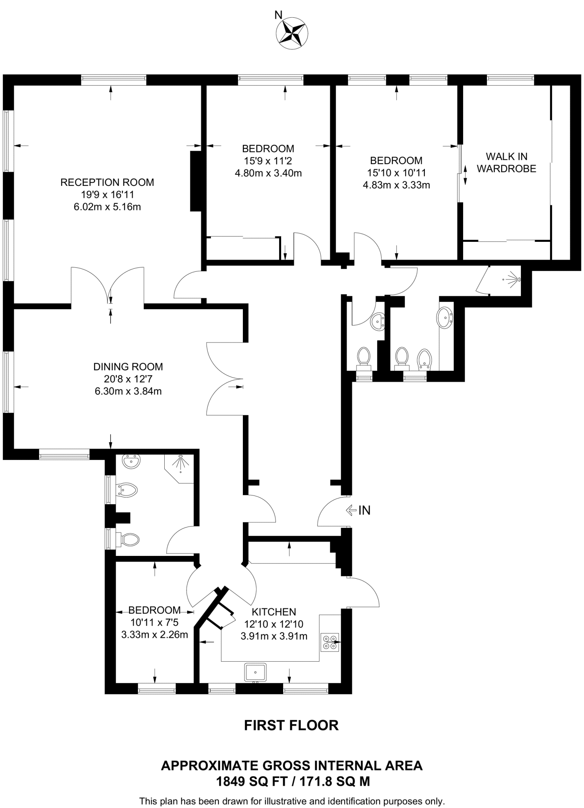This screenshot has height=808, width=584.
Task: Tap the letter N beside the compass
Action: coord(278,15)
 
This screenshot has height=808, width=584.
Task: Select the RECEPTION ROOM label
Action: coord(107,183)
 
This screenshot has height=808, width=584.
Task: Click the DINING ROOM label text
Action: coord(128,367)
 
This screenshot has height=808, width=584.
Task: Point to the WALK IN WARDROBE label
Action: coord(506,163)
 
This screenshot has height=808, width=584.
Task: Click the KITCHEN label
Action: coord(274,612)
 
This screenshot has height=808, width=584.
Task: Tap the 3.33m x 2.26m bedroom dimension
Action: coord(154,635)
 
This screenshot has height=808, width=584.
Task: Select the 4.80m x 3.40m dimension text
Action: coord(268,173)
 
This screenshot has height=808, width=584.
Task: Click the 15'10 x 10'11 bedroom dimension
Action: coord(396,173)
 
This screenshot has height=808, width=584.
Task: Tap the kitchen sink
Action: coord(255,672)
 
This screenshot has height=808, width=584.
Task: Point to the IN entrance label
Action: coord(364,511)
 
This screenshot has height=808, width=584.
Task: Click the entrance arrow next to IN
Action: coord(350,511)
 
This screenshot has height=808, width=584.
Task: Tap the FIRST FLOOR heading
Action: coord(291,726)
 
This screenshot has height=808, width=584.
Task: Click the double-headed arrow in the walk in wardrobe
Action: coord(465,174)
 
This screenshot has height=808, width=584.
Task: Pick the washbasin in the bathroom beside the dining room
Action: coord(131,461)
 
